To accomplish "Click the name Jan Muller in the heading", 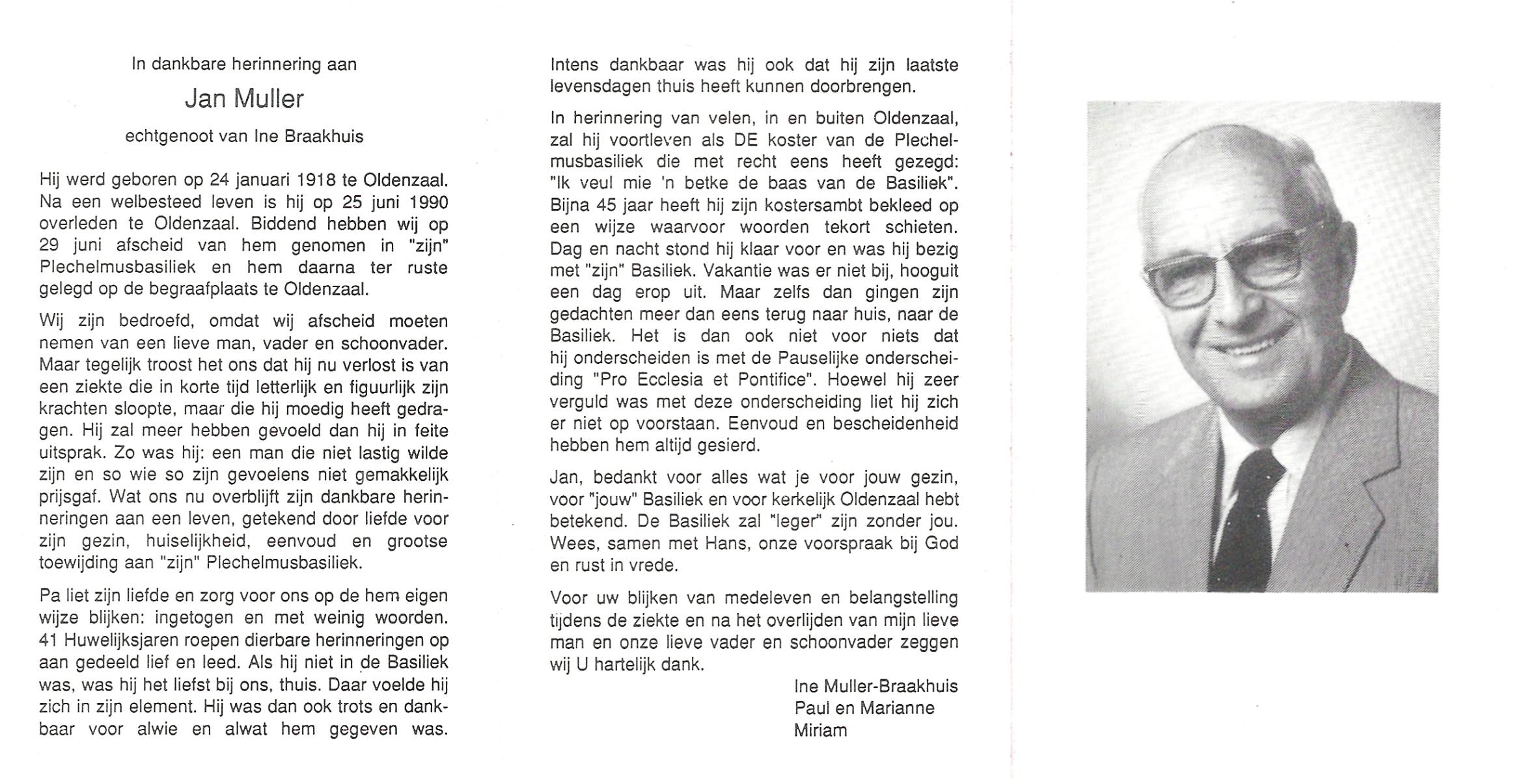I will click(244, 99).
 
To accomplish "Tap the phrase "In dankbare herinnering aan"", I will click(244, 64).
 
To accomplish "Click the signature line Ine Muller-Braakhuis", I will click(875, 687).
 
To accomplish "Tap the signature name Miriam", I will click(820, 731).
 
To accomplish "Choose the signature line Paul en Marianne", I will click(864, 709).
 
